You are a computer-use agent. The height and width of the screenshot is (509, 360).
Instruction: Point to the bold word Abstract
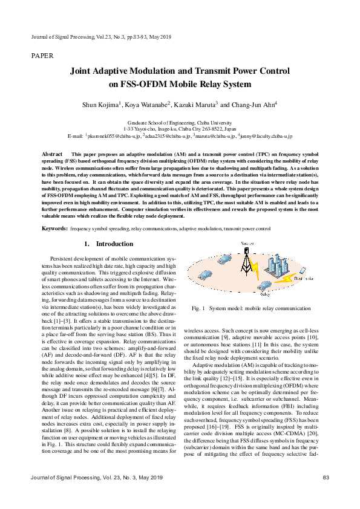point(52,155)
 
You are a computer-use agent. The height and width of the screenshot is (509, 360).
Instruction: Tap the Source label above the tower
point(248,243)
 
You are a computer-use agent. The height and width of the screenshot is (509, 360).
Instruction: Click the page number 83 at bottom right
point(326,494)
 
